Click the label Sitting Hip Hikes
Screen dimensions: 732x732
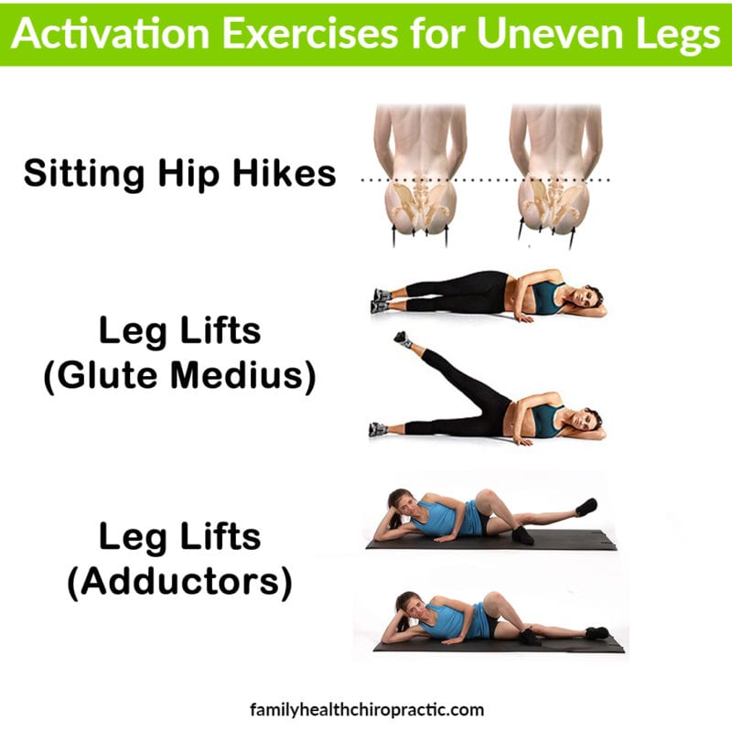point(180,172)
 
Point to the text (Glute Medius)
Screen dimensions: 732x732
point(180,376)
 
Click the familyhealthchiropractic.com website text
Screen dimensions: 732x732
point(366,709)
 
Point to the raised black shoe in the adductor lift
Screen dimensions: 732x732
point(587,506)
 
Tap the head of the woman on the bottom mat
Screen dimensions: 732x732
point(404,605)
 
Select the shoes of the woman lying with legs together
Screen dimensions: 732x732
point(381,300)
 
